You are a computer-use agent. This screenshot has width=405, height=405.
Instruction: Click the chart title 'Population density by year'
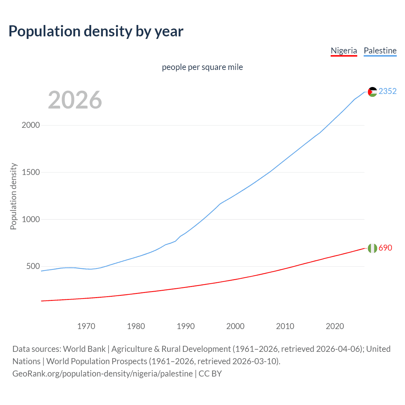(96, 31)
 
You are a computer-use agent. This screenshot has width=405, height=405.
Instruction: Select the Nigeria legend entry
(344, 51)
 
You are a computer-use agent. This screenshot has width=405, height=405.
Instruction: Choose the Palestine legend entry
(380, 51)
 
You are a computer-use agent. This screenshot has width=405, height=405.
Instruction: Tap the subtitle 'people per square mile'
(202, 67)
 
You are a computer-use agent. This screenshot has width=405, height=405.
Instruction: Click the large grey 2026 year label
(75, 100)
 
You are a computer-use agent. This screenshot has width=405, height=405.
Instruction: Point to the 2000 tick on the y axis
(31, 125)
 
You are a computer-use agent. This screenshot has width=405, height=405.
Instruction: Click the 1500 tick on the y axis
(31, 172)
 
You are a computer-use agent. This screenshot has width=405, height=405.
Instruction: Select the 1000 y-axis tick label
(31, 219)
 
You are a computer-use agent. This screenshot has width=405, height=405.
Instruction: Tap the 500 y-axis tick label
(33, 266)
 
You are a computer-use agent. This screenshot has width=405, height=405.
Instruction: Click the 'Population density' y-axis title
(13, 196)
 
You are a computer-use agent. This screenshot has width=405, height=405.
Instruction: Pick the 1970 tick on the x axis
(86, 326)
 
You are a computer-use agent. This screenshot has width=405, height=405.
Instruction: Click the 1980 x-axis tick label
(136, 326)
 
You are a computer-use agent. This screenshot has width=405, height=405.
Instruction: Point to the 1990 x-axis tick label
(186, 326)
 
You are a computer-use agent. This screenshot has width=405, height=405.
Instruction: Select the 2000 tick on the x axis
(235, 326)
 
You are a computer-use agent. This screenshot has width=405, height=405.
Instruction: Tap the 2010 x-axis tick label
(285, 326)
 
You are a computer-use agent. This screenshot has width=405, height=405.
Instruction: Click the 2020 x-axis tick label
(335, 326)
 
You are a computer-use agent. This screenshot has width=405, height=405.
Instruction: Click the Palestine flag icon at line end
(372, 92)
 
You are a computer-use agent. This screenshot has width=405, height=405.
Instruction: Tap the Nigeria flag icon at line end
(372, 248)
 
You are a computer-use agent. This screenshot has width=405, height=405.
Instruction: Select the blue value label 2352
(387, 91)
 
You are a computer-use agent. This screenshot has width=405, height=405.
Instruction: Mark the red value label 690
(385, 248)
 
